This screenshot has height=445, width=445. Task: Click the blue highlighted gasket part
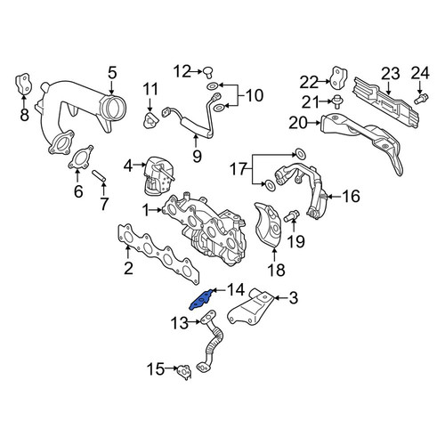coord(201,300)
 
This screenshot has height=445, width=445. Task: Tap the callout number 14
coord(236,290)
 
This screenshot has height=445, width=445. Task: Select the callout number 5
coord(112,73)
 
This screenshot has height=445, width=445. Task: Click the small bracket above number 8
coord(23,84)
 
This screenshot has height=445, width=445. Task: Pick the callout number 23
coord(391,74)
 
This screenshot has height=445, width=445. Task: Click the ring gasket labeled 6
coord(80,158)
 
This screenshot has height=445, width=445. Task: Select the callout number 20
coord(298,123)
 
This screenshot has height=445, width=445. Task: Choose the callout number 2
coord(128,269)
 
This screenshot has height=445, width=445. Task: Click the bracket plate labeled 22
coord(338,78)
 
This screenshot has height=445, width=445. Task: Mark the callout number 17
coord(239,170)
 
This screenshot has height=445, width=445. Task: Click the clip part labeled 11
coord(151,120)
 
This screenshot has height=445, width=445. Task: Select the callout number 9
coord(197,156)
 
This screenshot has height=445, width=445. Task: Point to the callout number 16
coord(352,196)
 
